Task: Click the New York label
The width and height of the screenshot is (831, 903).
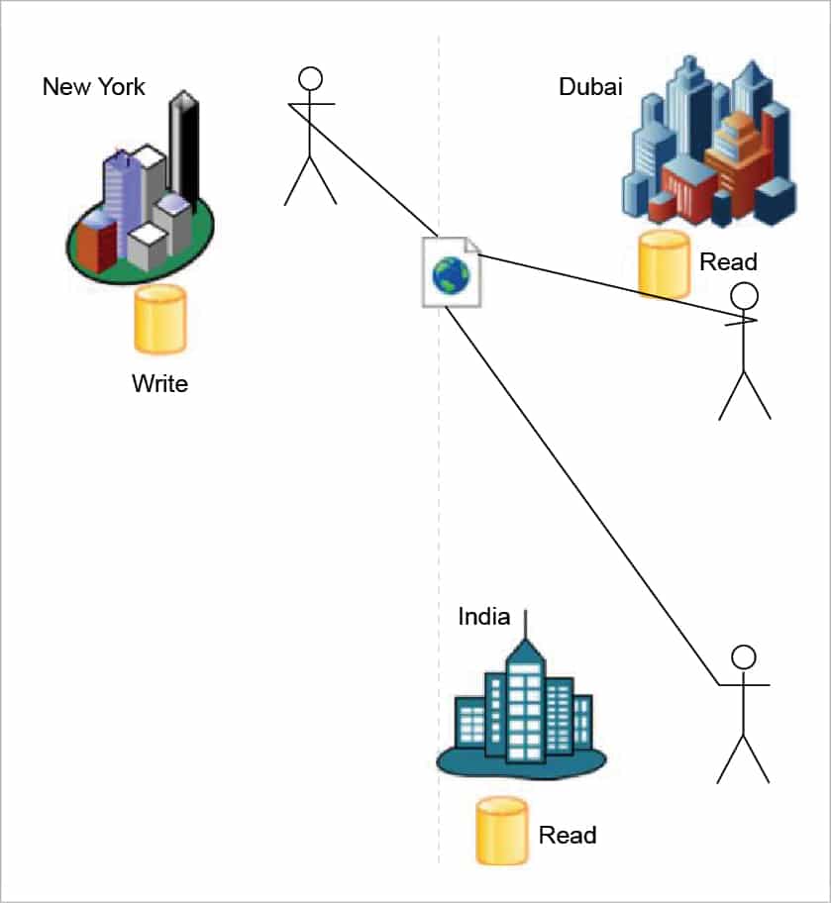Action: click(93, 87)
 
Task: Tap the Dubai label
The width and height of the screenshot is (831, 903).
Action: click(590, 87)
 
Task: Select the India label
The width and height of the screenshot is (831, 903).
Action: click(483, 617)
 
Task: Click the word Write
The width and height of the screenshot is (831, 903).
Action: click(159, 383)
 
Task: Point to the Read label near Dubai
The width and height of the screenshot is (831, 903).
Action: click(728, 262)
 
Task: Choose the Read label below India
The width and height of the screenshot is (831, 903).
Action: click(568, 835)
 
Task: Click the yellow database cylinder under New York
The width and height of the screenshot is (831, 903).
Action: click(160, 319)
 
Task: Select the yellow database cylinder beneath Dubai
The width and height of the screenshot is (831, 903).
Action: click(663, 263)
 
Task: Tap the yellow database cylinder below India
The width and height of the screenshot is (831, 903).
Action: click(501, 831)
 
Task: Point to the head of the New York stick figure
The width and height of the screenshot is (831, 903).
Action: click(312, 78)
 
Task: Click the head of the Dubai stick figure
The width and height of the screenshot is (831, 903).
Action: click(743, 295)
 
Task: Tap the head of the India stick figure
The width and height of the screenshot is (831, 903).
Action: click(743, 657)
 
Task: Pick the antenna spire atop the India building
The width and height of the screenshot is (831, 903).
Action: click(526, 625)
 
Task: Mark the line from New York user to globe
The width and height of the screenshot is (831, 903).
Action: click(366, 167)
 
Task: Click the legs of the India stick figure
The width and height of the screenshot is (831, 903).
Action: click(743, 758)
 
